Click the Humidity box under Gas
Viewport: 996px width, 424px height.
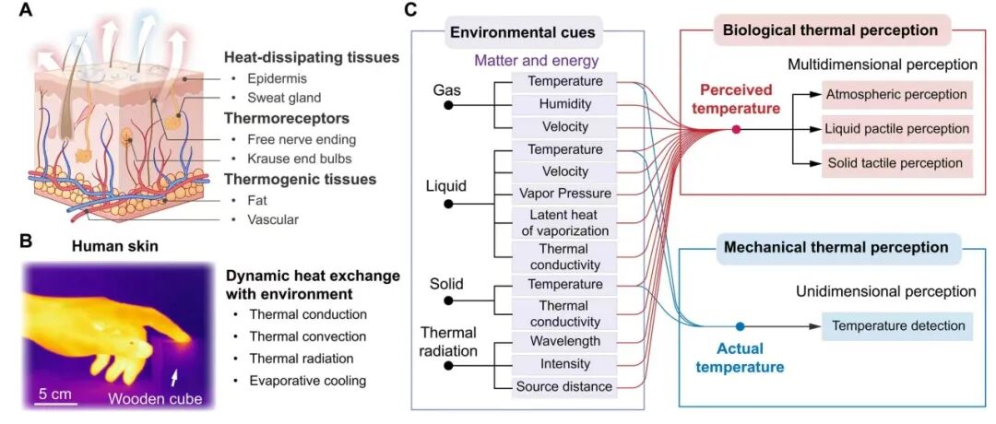(564, 104)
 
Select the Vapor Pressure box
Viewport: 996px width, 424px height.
(564, 194)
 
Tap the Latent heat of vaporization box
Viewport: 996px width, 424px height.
(564, 222)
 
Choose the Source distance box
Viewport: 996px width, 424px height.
(564, 387)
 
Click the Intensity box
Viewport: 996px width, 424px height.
(564, 365)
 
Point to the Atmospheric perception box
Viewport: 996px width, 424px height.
(896, 94)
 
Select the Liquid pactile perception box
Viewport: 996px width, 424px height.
(896, 129)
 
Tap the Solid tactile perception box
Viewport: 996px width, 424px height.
(896, 164)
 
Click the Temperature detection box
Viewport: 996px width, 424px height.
(897, 326)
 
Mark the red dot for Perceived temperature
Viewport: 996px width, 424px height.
(736, 129)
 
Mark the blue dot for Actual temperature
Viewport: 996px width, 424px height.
(740, 326)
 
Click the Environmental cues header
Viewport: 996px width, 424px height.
(522, 34)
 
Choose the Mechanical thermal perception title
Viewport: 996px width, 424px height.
(836, 247)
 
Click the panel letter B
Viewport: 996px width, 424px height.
(26, 241)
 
